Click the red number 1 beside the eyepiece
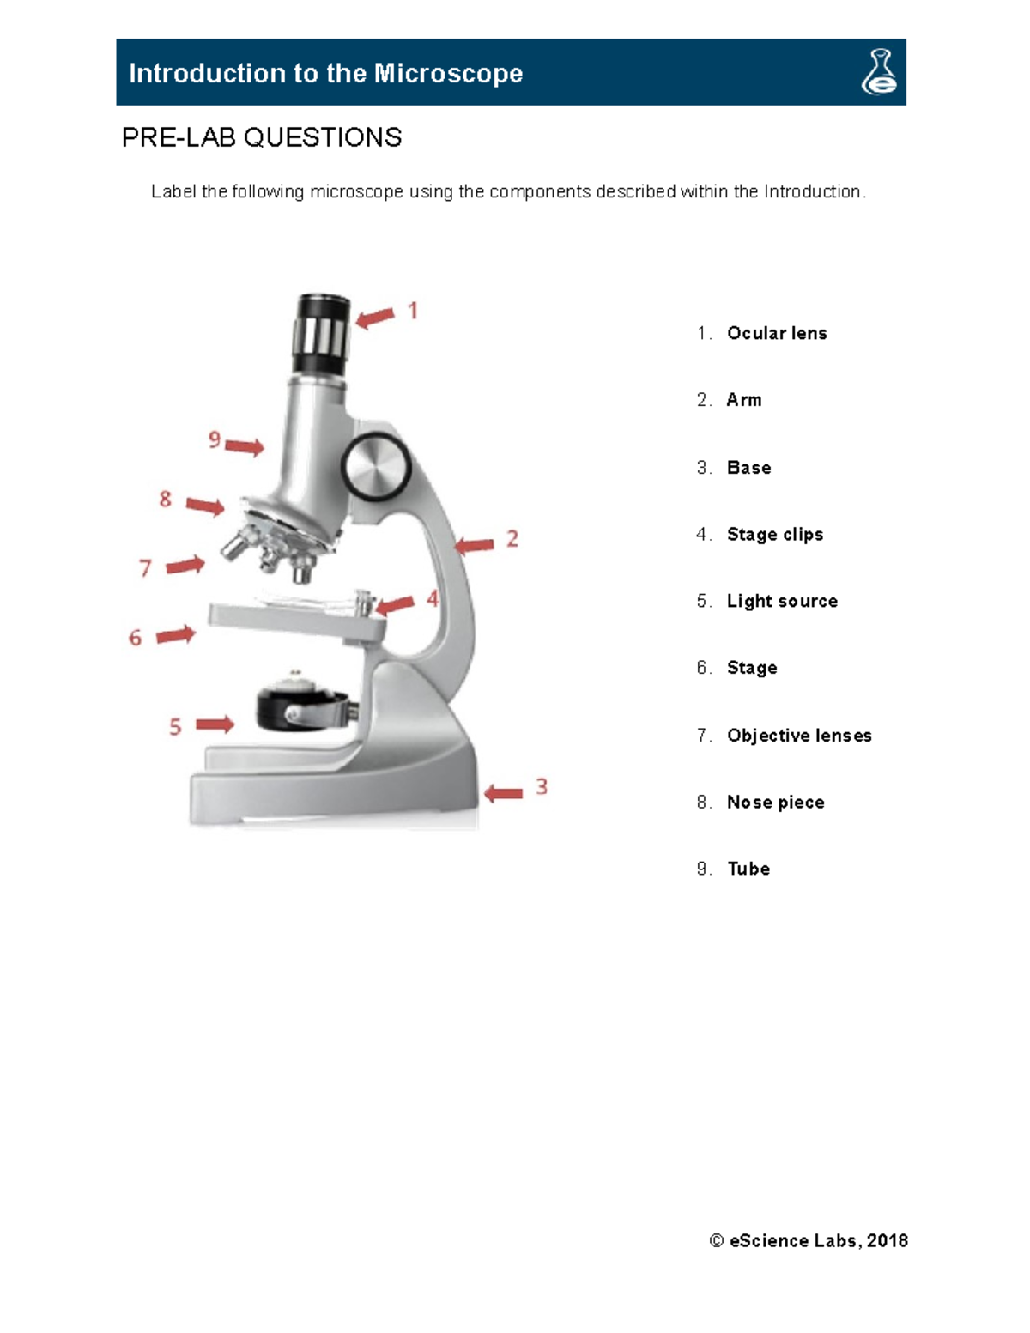point(413,310)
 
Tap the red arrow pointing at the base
point(504,793)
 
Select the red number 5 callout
point(175,727)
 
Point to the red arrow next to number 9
point(245,446)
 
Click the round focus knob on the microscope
point(376,467)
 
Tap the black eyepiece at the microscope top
point(322,335)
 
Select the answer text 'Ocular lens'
point(777,333)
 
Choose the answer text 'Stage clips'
point(775,534)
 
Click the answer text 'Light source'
point(782,601)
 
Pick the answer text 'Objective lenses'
point(799,736)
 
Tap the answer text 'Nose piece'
point(775,802)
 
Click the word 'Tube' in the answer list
point(748,869)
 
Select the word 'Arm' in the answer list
point(744,400)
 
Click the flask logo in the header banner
point(879,72)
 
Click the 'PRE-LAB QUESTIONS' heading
point(262,137)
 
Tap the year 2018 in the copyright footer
point(888,1240)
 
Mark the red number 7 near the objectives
point(145,568)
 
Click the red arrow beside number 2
point(475,545)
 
